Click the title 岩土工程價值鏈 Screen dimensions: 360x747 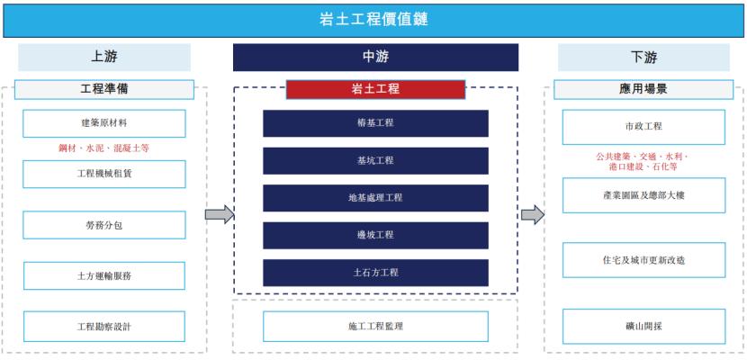(373, 19)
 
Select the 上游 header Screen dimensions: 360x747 (104, 58)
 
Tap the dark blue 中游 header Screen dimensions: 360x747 (375, 58)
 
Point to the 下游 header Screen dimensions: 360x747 (643, 58)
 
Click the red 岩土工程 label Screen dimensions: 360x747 (375, 89)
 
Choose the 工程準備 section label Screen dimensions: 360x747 (104, 89)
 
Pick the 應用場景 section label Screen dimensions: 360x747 (643, 89)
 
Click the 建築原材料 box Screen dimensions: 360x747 (104, 123)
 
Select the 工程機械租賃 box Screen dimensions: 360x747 (104, 174)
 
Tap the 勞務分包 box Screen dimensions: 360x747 (104, 225)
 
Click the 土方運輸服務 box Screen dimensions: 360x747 (104, 275)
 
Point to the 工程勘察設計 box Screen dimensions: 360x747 (104, 326)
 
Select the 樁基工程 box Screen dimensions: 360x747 (375, 123)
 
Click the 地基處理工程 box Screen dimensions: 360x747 (375, 198)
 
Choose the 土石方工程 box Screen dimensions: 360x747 (375, 272)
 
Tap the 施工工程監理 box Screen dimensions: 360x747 (375, 326)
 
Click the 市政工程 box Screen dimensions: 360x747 (643, 127)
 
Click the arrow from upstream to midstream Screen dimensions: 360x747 (220, 214)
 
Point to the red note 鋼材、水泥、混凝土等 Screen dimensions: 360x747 (104, 148)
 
